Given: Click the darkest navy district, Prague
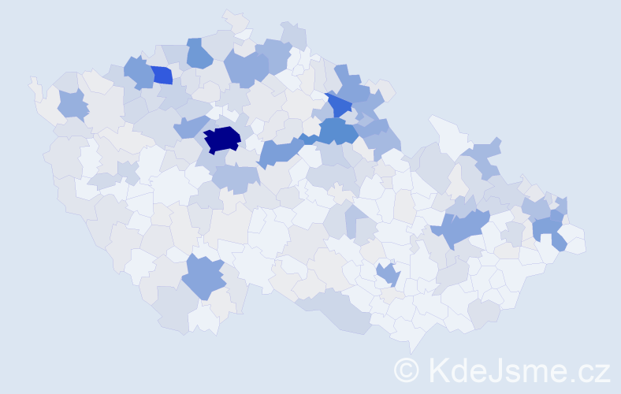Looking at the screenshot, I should (222, 139).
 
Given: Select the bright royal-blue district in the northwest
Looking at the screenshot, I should (162, 75).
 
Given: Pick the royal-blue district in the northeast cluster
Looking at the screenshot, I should (340, 104).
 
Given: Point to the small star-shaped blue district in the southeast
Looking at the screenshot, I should (389, 274).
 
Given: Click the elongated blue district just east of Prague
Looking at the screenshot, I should (277, 151).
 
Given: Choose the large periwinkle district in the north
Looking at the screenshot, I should (247, 67).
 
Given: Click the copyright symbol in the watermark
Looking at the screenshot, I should (407, 370).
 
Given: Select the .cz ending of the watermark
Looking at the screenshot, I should (587, 370).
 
